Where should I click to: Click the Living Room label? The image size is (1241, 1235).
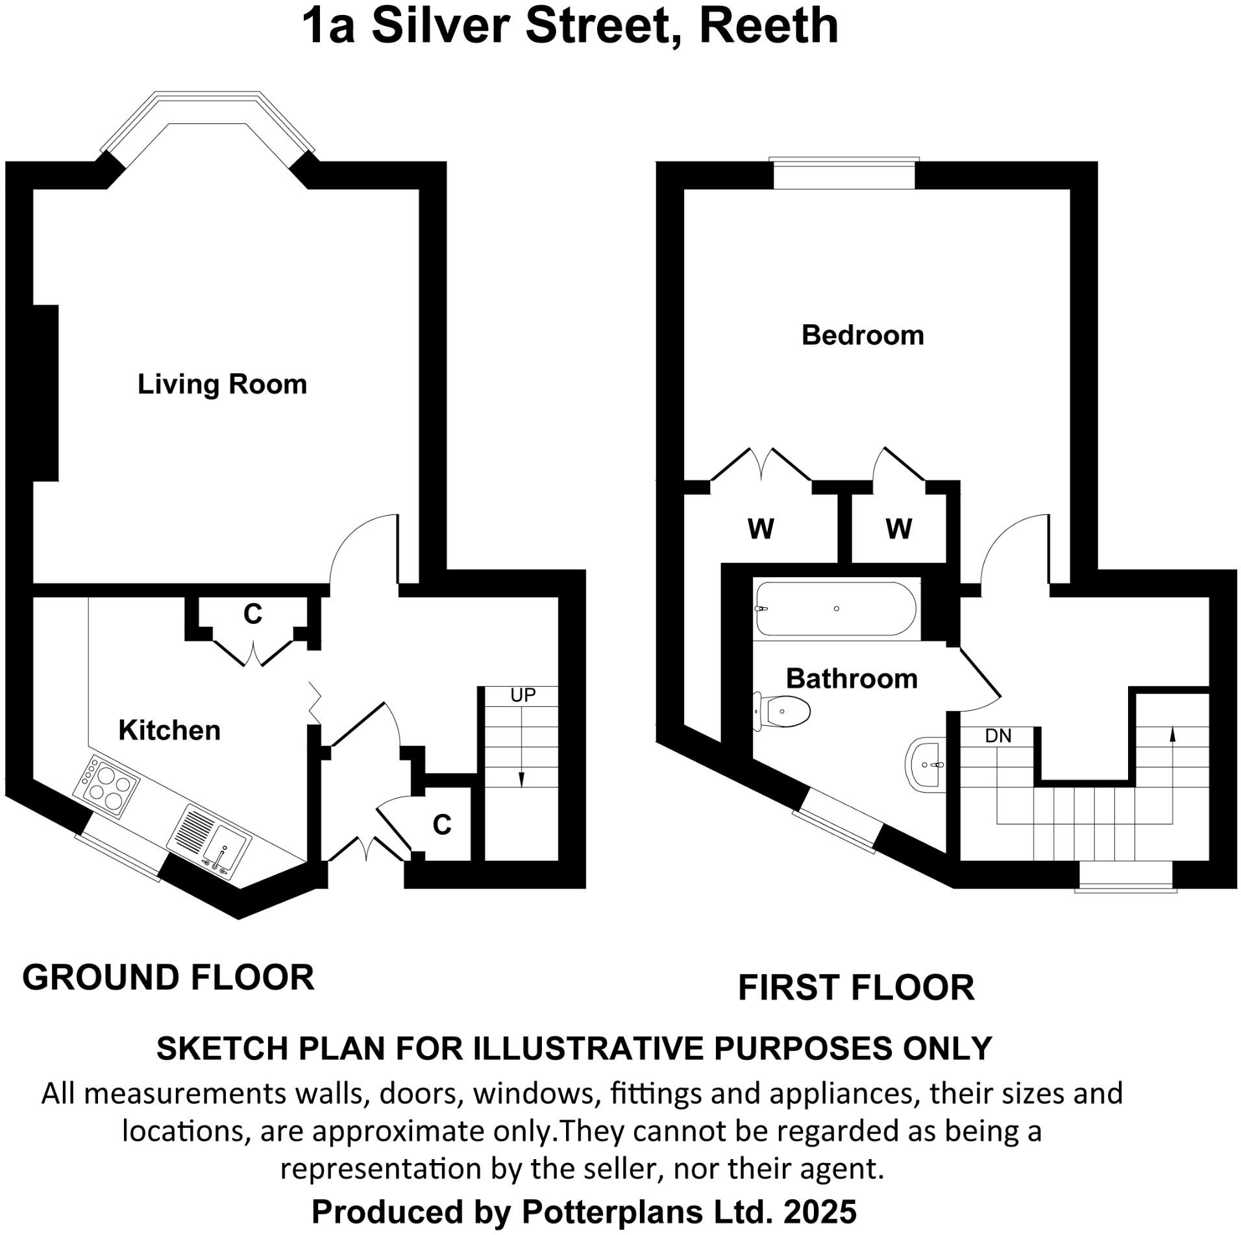[222, 384]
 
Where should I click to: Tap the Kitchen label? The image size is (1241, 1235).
[169, 730]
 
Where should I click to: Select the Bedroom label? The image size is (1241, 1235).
[863, 335]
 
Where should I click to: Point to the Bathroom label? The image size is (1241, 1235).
[852, 678]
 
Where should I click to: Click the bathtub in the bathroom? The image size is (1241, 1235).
[836, 608]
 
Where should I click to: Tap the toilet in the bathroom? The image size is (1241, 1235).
[782, 712]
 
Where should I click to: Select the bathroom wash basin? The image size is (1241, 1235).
[926, 765]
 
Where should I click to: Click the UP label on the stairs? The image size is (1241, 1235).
[522, 695]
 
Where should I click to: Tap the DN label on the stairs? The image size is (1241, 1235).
[998, 736]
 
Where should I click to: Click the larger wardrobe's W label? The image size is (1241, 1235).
[761, 529]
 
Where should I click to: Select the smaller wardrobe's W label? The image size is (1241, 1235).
[898, 529]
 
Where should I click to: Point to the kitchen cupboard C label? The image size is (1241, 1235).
[252, 614]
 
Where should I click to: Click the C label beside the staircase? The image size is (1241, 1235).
[442, 824]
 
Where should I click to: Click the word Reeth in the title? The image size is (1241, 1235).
[768, 26]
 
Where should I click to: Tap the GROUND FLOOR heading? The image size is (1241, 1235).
[168, 977]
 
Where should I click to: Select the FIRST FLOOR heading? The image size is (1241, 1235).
[856, 988]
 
